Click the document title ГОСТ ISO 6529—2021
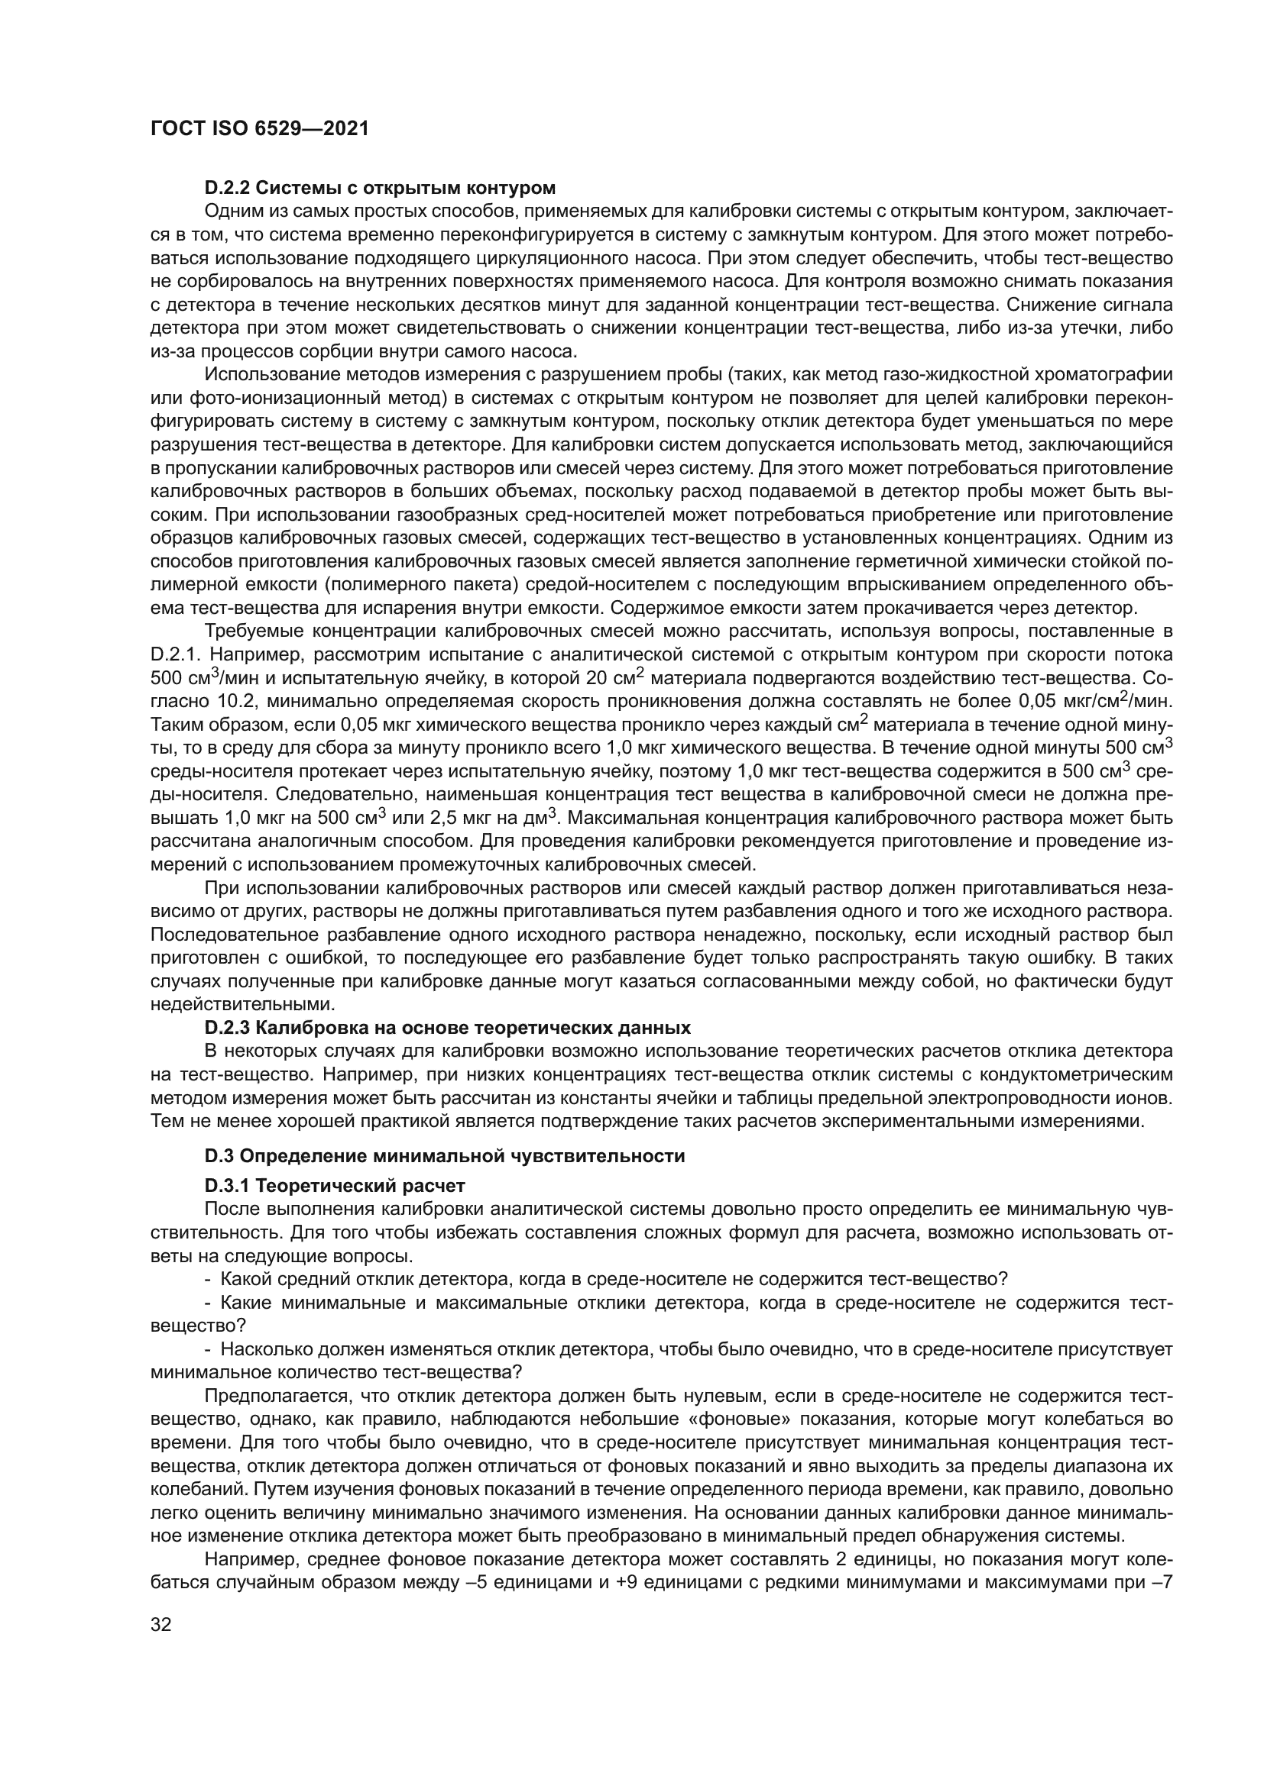259,128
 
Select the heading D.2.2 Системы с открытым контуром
380,188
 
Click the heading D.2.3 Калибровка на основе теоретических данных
448,1028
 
